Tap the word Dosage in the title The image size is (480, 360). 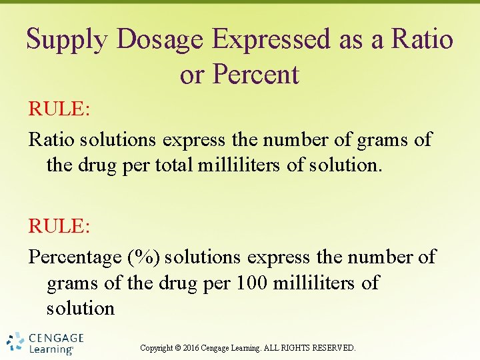pyautogui.click(x=160, y=40)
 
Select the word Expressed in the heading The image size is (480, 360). pyautogui.click(x=271, y=40)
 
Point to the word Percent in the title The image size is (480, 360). pyautogui.click(x=255, y=75)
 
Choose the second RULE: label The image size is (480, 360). pyautogui.click(x=58, y=226)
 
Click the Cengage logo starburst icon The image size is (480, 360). pyautogui.click(x=15, y=342)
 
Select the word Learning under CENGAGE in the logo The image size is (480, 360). pyautogui.click(x=51, y=349)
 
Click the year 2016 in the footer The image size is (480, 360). pyautogui.click(x=192, y=348)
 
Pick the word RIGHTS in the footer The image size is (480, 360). pyautogui.click(x=300, y=348)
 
